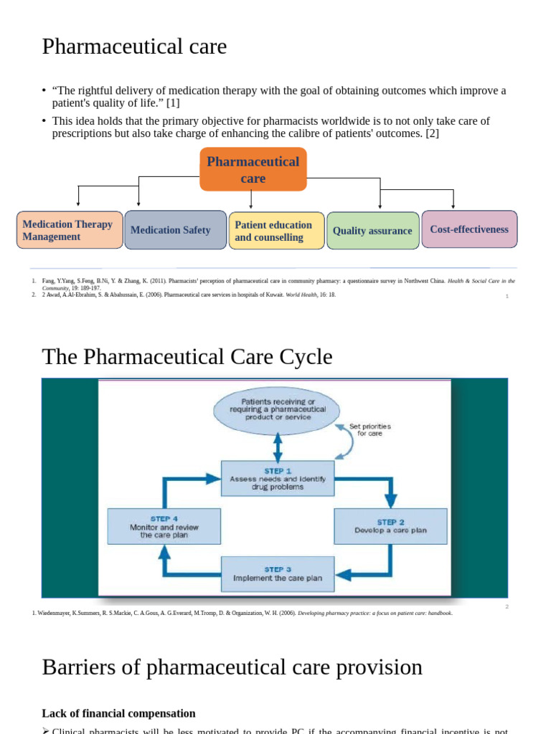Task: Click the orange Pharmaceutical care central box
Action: pyautogui.click(x=253, y=170)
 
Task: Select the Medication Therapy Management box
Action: pyautogui.click(x=70, y=230)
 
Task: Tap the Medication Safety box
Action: pyautogui.click(x=175, y=230)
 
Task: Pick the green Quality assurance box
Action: pyautogui.click(x=372, y=231)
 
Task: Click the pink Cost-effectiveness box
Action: pyautogui.click(x=469, y=229)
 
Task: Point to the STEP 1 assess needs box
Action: pyautogui.click(x=277, y=478)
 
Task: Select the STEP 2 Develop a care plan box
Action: pyautogui.click(x=390, y=526)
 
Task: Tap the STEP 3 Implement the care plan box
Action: pyautogui.click(x=277, y=573)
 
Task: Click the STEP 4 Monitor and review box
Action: pyautogui.click(x=164, y=526)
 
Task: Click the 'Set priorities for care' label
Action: pyautogui.click(x=369, y=430)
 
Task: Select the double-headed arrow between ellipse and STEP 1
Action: pyautogui.click(x=277, y=448)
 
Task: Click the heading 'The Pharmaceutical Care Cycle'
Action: pyautogui.click(x=187, y=356)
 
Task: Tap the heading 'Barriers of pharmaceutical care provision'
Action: pyautogui.click(x=232, y=667)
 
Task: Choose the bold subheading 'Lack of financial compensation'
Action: pyautogui.click(x=118, y=713)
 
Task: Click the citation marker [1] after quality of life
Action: pyautogui.click(x=172, y=103)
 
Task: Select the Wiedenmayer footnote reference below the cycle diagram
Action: pyautogui.click(x=242, y=613)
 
